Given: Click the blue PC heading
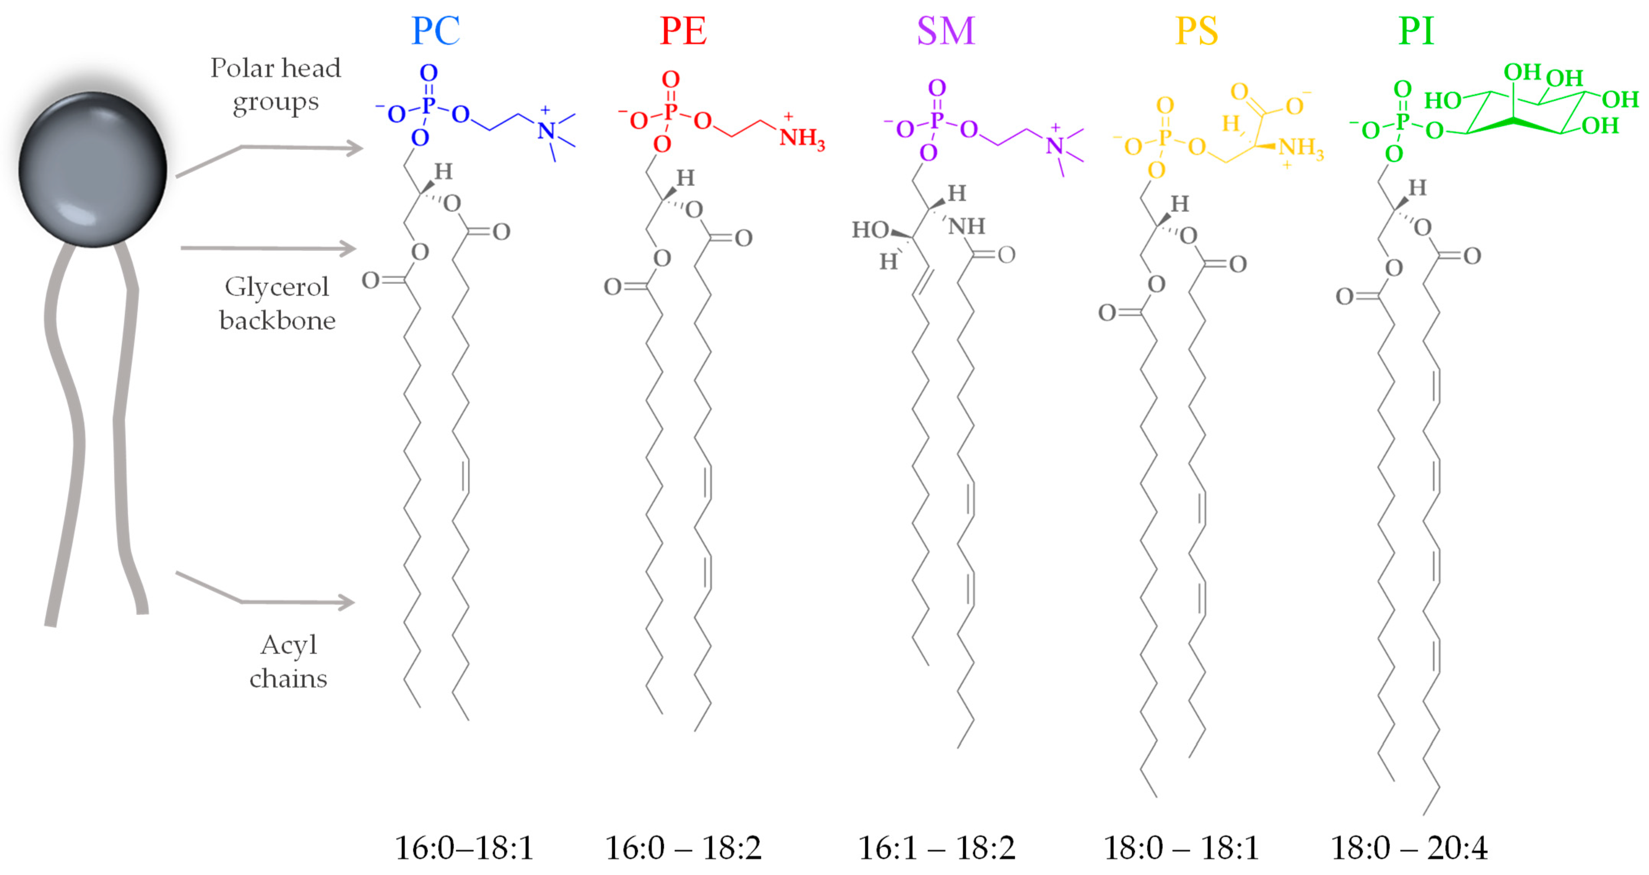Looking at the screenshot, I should click(435, 31).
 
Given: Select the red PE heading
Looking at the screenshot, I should click(683, 31).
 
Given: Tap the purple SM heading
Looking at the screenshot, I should click(946, 31).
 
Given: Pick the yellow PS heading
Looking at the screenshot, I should click(1196, 31).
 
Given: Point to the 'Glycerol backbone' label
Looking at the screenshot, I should click(277, 303).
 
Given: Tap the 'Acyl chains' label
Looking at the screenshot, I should click(288, 661).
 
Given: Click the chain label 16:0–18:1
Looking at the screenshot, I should click(464, 848).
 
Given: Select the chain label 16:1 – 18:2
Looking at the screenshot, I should click(936, 848).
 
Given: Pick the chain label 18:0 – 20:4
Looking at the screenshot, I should click(1409, 848).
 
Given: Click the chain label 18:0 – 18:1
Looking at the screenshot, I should click(1181, 848).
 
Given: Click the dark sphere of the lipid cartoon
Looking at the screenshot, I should click(93, 170).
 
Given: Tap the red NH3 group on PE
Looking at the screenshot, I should click(801, 138).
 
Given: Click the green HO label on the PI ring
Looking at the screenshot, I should click(1442, 101).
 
